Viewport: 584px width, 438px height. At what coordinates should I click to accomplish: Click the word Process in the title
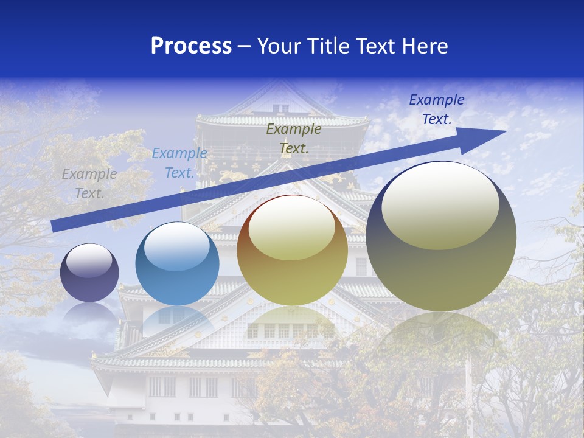pos(191,46)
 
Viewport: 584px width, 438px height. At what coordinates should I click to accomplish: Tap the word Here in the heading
pos(423,46)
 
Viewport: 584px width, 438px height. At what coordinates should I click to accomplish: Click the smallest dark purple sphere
pos(89,273)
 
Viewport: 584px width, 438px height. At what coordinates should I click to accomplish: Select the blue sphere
pos(177,264)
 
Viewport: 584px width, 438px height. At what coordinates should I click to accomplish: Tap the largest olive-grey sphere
pos(441,237)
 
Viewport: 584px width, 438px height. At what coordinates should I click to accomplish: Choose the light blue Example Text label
pos(179,163)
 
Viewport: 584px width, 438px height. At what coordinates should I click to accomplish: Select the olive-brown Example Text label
pos(294,138)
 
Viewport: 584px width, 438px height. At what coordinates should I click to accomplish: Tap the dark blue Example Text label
pos(437,109)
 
